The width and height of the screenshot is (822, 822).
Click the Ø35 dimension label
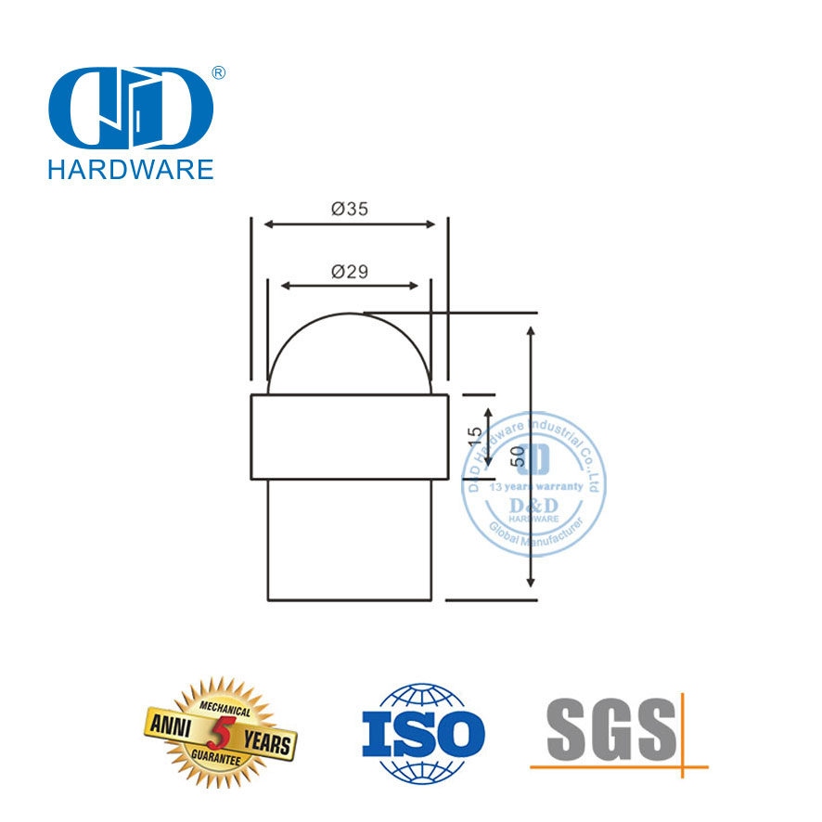[350, 210]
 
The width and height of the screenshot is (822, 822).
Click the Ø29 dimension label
[350, 272]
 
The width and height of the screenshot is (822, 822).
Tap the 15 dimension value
[473, 436]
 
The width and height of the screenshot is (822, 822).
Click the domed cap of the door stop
[349, 353]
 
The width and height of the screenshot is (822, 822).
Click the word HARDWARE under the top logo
[130, 168]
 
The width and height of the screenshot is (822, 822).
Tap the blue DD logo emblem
[130, 107]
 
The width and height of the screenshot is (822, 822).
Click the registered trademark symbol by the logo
[220, 72]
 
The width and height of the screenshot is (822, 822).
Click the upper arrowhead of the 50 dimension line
[530, 330]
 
